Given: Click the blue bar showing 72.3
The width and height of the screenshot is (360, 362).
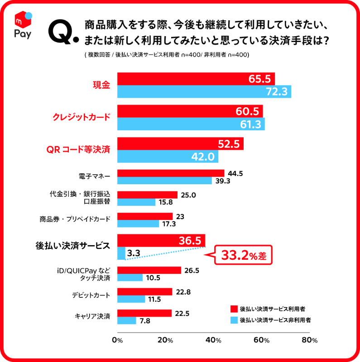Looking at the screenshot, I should pos(204,91).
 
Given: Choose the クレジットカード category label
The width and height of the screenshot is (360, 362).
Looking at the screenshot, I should pos(81,117).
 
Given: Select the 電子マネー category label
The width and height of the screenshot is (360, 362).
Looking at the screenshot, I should pos(94,176).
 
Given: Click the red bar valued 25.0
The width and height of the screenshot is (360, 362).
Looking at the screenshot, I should pos(147,195).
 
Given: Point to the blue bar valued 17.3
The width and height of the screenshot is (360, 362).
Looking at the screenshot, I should pos(138,224).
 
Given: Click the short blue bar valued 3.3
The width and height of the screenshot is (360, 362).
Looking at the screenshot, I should pos(121,253).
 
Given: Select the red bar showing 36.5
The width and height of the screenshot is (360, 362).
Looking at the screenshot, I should pos(161,241).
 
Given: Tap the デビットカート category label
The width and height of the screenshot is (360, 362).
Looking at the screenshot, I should pos(91,295).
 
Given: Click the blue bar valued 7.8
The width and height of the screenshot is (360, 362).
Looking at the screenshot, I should pos(126,321).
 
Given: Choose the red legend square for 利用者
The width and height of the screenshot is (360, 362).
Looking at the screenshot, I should pos(234,309).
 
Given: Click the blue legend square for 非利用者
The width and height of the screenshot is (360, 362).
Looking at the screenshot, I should pos(234,320).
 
